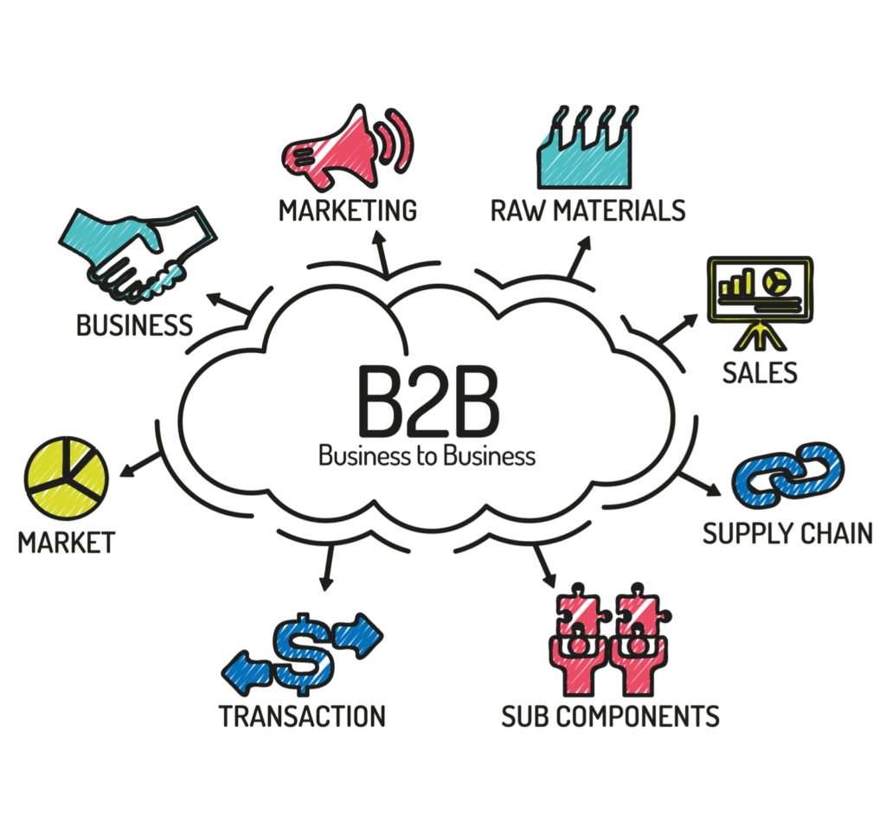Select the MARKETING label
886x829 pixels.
coord(348,210)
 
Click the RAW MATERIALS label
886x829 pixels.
coord(587,210)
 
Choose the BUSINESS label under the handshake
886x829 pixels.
coord(134,325)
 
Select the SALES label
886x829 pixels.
coord(760,372)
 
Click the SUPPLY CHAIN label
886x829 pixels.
coord(786,534)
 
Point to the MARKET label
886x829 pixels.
coord(67,543)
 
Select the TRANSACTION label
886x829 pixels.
coord(302,717)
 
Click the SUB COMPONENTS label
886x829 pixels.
coord(610,717)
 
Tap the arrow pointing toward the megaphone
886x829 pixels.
coord(381,250)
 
